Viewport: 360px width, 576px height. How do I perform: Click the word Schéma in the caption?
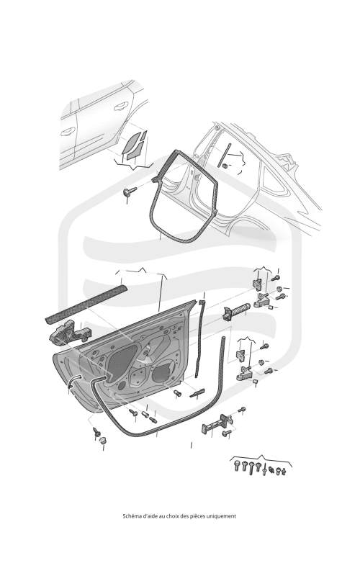pos(130,516)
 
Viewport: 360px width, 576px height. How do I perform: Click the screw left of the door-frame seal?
pos(130,191)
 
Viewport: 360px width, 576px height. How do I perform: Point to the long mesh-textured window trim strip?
pos(86,303)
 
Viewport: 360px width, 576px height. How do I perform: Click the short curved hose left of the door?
pos(73,381)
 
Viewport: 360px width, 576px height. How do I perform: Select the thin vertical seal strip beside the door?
pos(199,338)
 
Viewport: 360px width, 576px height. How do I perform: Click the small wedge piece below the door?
pos(197,393)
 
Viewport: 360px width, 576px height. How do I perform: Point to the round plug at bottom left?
pos(103,440)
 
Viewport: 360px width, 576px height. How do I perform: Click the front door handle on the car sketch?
pos(68,131)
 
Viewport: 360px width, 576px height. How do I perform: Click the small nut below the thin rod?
pos(225,166)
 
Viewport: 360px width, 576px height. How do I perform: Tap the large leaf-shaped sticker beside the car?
pos(130,143)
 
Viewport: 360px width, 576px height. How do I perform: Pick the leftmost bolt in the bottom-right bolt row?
pos(237,466)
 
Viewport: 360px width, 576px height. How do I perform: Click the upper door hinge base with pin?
pos(264,301)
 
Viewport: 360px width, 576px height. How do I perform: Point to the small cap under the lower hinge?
pos(256,383)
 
